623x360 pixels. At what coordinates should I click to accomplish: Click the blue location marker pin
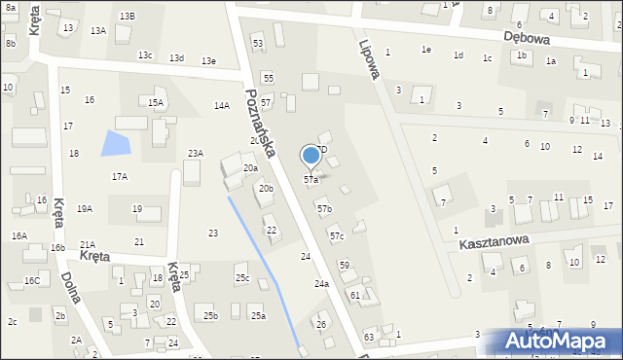pos(311,156)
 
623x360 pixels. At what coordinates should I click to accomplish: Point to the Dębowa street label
pos(528,37)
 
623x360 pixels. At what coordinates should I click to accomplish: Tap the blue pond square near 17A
pos(115,144)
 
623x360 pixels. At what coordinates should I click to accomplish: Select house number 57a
pos(311,180)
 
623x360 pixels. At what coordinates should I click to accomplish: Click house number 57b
pos(324,208)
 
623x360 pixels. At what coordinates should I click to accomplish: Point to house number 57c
pos(336,236)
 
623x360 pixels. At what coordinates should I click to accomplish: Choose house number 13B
pos(128,17)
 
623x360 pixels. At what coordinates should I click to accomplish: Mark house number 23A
pos(196,153)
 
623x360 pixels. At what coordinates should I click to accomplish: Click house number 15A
pos(155,102)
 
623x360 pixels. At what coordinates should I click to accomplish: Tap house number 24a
pos(321,284)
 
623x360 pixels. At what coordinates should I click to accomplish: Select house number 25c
pos(242,278)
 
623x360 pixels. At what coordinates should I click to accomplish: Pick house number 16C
pos(32,280)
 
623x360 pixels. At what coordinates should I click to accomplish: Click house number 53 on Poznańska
pos(258,44)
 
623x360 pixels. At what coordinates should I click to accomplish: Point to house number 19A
pos(85,208)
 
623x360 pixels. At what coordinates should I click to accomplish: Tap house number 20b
pos(266,188)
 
